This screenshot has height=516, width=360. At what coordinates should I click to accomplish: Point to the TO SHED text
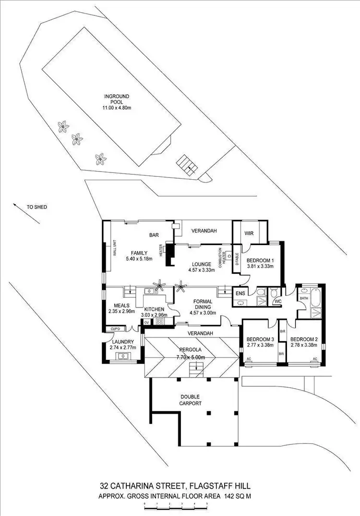[36, 208]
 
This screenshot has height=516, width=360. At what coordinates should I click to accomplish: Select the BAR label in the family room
[154, 235]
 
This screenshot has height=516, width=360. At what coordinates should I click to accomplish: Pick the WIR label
[249, 233]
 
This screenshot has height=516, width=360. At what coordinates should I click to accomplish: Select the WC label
[277, 302]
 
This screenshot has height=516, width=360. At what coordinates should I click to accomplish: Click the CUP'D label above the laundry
[115, 329]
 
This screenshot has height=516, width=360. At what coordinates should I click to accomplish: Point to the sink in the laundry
[123, 356]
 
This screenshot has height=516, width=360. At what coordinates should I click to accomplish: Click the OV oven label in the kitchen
[146, 322]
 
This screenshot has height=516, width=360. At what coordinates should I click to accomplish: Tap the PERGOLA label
[191, 350]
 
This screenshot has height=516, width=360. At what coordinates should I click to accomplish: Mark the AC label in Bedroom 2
[315, 359]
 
